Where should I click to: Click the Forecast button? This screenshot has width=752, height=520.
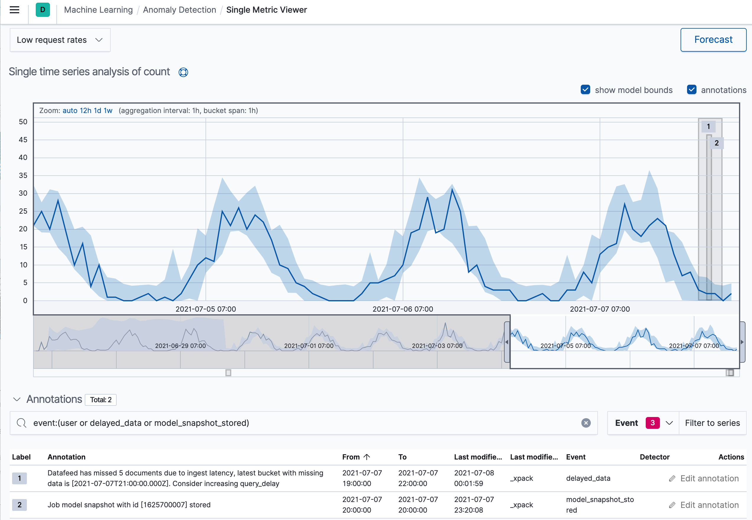pyautogui.click(x=713, y=40)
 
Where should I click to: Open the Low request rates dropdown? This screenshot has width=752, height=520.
pyautogui.click(x=60, y=40)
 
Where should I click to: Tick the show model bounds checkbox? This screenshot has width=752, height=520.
pyautogui.click(x=585, y=90)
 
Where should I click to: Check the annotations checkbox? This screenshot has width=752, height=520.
pyautogui.click(x=691, y=90)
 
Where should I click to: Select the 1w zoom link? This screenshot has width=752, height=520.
pyautogui.click(x=108, y=111)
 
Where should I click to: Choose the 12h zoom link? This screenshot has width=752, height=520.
pyautogui.click(x=85, y=111)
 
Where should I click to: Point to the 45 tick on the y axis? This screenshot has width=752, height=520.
pyautogui.click(x=23, y=140)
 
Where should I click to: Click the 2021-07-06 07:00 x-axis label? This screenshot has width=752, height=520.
pyautogui.click(x=402, y=309)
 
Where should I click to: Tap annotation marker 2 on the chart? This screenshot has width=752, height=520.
pyautogui.click(x=717, y=143)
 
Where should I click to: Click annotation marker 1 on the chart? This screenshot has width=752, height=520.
pyautogui.click(x=708, y=126)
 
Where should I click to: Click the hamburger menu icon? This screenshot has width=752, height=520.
pyautogui.click(x=14, y=10)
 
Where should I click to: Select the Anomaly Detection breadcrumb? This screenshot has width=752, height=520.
pyautogui.click(x=179, y=10)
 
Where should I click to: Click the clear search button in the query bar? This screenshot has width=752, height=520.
pyautogui.click(x=586, y=423)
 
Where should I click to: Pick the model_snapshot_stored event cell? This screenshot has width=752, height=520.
pyautogui.click(x=599, y=505)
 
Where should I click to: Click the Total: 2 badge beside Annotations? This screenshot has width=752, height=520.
pyautogui.click(x=101, y=400)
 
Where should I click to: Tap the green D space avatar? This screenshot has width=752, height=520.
pyautogui.click(x=43, y=10)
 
